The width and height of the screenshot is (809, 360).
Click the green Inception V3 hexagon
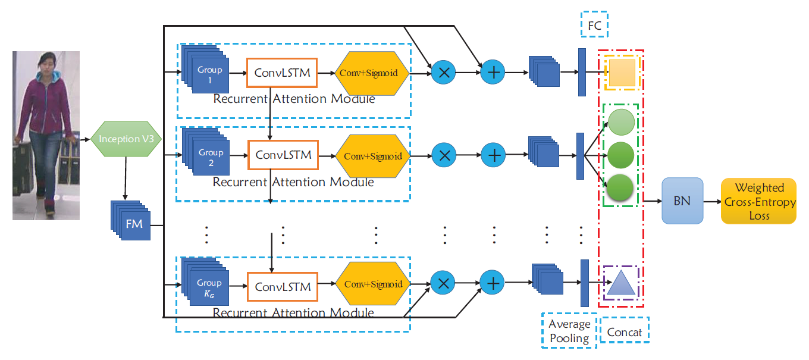[125, 140]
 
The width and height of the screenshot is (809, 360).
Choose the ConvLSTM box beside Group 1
[282, 73]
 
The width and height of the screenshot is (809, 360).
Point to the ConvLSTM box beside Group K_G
[283, 287]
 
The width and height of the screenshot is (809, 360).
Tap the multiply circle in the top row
[443, 73]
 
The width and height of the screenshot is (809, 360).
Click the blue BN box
[682, 201]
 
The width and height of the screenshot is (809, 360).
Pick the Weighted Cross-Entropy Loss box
[759, 201]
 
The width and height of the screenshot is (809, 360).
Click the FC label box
[594, 26]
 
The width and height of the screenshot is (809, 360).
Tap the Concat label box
[624, 332]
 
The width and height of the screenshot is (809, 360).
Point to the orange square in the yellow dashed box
[622, 73]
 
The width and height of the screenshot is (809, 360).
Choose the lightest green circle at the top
[621, 121]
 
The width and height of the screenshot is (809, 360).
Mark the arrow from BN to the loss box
[711, 201]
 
